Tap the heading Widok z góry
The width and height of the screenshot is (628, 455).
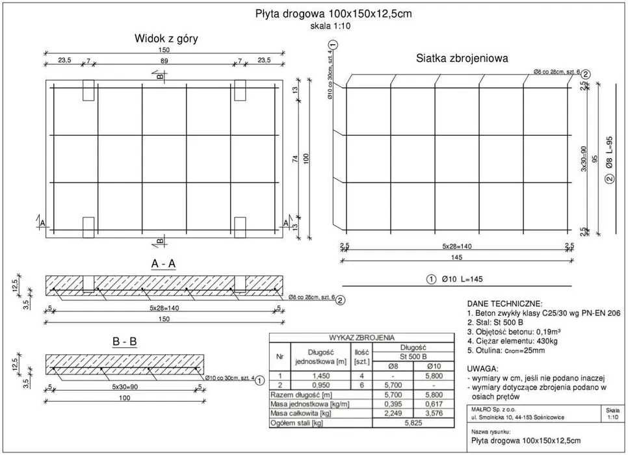166,38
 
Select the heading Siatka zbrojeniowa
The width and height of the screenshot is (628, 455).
462,58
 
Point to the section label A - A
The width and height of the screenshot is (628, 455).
164,263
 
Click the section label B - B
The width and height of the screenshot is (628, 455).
124,342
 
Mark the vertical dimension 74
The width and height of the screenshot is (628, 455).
295,158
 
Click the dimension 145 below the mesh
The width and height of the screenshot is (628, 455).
456,257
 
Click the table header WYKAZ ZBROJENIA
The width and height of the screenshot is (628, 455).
361,337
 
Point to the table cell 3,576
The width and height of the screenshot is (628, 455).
434,413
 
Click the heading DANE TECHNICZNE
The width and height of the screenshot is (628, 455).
504,304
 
